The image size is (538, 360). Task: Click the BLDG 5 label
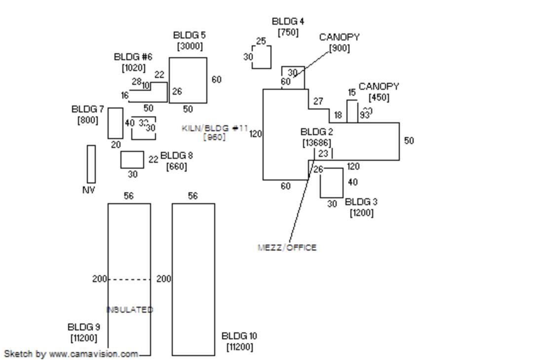click(x=190, y=35)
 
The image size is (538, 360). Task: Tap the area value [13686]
click(x=316, y=143)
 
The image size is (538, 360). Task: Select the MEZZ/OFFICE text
click(x=287, y=248)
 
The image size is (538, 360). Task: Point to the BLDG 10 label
click(x=239, y=336)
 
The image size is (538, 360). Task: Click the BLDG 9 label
click(x=83, y=327)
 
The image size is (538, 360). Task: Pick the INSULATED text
click(x=130, y=310)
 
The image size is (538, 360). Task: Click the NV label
click(x=88, y=190)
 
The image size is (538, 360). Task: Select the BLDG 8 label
click(x=177, y=156)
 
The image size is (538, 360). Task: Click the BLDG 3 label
click(x=361, y=202)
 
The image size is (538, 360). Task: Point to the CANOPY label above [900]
click(x=339, y=37)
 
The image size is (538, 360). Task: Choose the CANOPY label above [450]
click(x=379, y=86)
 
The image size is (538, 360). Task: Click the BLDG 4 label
click(x=288, y=21)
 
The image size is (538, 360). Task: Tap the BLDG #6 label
click(x=133, y=57)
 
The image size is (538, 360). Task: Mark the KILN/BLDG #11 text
click(x=215, y=128)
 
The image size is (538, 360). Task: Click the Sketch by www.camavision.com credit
click(x=71, y=354)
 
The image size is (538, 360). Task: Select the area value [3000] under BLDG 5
click(x=190, y=46)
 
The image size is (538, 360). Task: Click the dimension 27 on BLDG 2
click(x=318, y=101)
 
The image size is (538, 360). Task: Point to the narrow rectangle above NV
click(x=91, y=164)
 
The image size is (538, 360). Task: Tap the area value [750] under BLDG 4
click(x=288, y=32)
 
